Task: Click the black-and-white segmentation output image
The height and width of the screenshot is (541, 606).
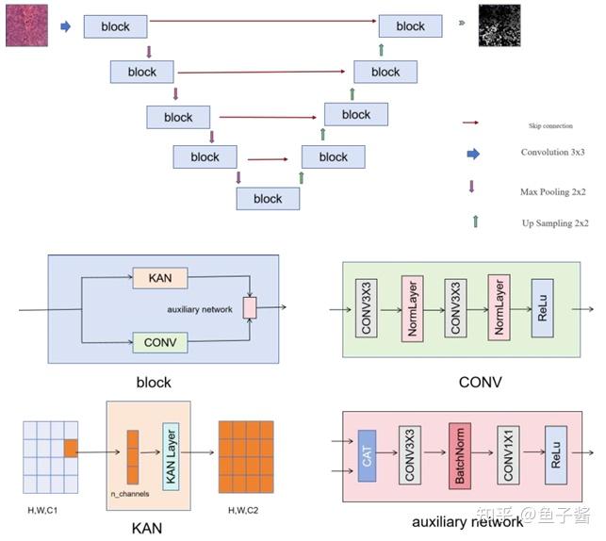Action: point(498,25)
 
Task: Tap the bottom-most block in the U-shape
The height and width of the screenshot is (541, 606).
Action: point(268,198)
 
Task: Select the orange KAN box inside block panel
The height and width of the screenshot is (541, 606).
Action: point(159,278)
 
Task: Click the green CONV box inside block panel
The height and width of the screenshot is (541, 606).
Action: point(159,342)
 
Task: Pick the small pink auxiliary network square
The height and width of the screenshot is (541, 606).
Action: point(249,307)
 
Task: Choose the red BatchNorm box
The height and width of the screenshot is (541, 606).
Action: point(460,453)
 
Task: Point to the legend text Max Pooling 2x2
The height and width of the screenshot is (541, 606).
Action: point(554,192)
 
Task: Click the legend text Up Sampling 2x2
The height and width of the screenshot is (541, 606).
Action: point(554,223)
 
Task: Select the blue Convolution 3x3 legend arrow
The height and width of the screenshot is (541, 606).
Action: point(473,153)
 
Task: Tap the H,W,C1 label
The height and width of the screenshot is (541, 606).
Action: point(42,509)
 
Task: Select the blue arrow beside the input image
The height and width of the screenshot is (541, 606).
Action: point(66,26)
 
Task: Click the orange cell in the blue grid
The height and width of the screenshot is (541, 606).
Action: point(71,449)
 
